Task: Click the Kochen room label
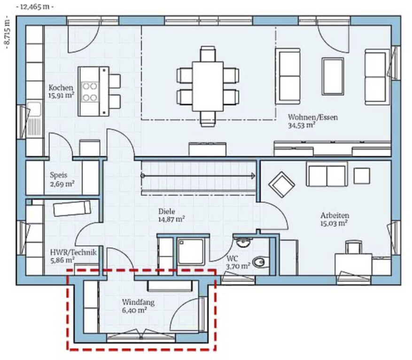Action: click(61, 87)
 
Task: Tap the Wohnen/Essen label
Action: click(313, 117)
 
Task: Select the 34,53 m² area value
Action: click(302, 125)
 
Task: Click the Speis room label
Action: click(59, 175)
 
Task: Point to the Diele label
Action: click(167, 211)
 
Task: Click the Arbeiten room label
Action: click(334, 215)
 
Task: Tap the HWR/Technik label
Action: click(73, 252)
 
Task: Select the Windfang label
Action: click(138, 303)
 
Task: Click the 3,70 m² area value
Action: click(238, 266)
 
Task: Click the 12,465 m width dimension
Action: click(35, 7)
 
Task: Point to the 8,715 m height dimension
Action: click(8, 32)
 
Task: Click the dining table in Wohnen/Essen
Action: click(208, 86)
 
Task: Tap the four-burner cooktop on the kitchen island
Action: click(90, 92)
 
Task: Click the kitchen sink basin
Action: click(34, 109)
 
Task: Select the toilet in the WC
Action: click(261, 262)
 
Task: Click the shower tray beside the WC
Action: click(191, 252)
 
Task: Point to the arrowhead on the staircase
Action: click(254, 176)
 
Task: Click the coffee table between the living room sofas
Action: click(333, 76)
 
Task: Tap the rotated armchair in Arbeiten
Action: click(281, 185)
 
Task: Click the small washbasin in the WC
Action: click(243, 243)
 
